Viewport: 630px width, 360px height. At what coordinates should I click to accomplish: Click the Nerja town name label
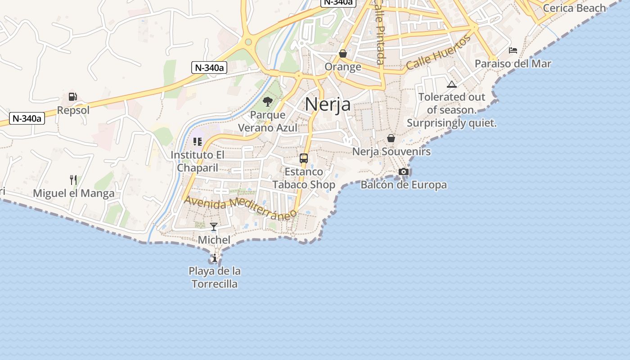(328, 104)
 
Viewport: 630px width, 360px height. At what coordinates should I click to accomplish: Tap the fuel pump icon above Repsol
(73, 96)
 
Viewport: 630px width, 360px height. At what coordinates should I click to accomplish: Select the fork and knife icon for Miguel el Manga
(73, 180)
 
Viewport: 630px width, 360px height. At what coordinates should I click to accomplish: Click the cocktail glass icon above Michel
(214, 227)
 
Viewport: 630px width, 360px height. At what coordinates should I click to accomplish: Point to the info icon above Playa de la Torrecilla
(215, 258)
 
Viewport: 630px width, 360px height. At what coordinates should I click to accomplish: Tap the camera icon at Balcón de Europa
(404, 171)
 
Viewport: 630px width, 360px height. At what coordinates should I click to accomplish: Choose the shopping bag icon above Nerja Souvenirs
(391, 138)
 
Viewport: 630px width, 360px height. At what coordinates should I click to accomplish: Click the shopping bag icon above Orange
(343, 54)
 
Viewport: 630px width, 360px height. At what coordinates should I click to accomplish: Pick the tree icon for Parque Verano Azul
(268, 102)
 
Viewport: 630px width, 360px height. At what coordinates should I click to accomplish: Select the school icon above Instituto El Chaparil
(197, 142)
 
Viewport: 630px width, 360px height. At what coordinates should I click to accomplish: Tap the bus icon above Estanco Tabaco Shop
(304, 158)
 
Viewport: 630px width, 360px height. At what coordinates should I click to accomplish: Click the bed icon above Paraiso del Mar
(513, 50)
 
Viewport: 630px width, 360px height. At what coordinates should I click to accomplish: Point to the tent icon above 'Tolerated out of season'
(452, 84)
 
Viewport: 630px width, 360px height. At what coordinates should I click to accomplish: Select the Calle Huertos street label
(438, 53)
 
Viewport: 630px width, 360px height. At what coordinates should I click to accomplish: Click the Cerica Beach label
(574, 8)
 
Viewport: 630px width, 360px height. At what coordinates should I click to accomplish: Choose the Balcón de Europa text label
(404, 185)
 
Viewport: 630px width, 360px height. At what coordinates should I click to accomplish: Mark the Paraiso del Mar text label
(513, 63)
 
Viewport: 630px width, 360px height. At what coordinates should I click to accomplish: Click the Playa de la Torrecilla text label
(215, 278)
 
